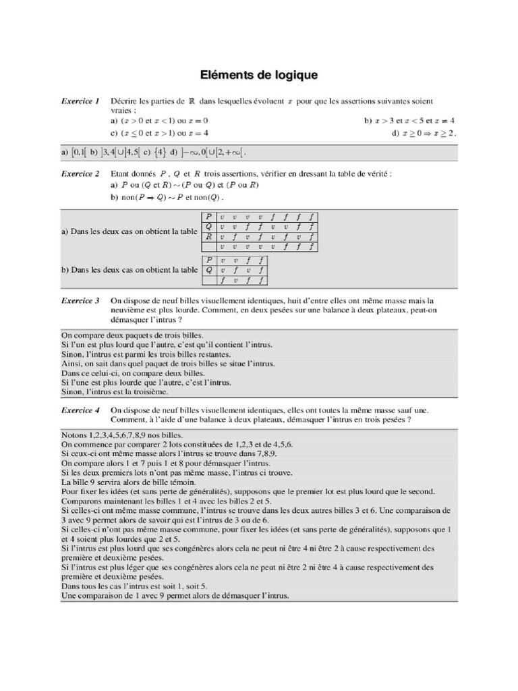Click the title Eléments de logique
click(258, 74)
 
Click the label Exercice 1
click(80, 101)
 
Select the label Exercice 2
click(80, 173)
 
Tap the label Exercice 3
click(80, 300)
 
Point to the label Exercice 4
click(80, 410)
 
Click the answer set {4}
click(159, 154)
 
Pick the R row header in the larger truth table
click(209, 237)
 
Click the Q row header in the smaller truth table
click(209, 269)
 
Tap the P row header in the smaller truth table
click(209, 260)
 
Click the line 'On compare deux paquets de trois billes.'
click(132, 335)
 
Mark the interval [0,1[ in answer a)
click(80, 154)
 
